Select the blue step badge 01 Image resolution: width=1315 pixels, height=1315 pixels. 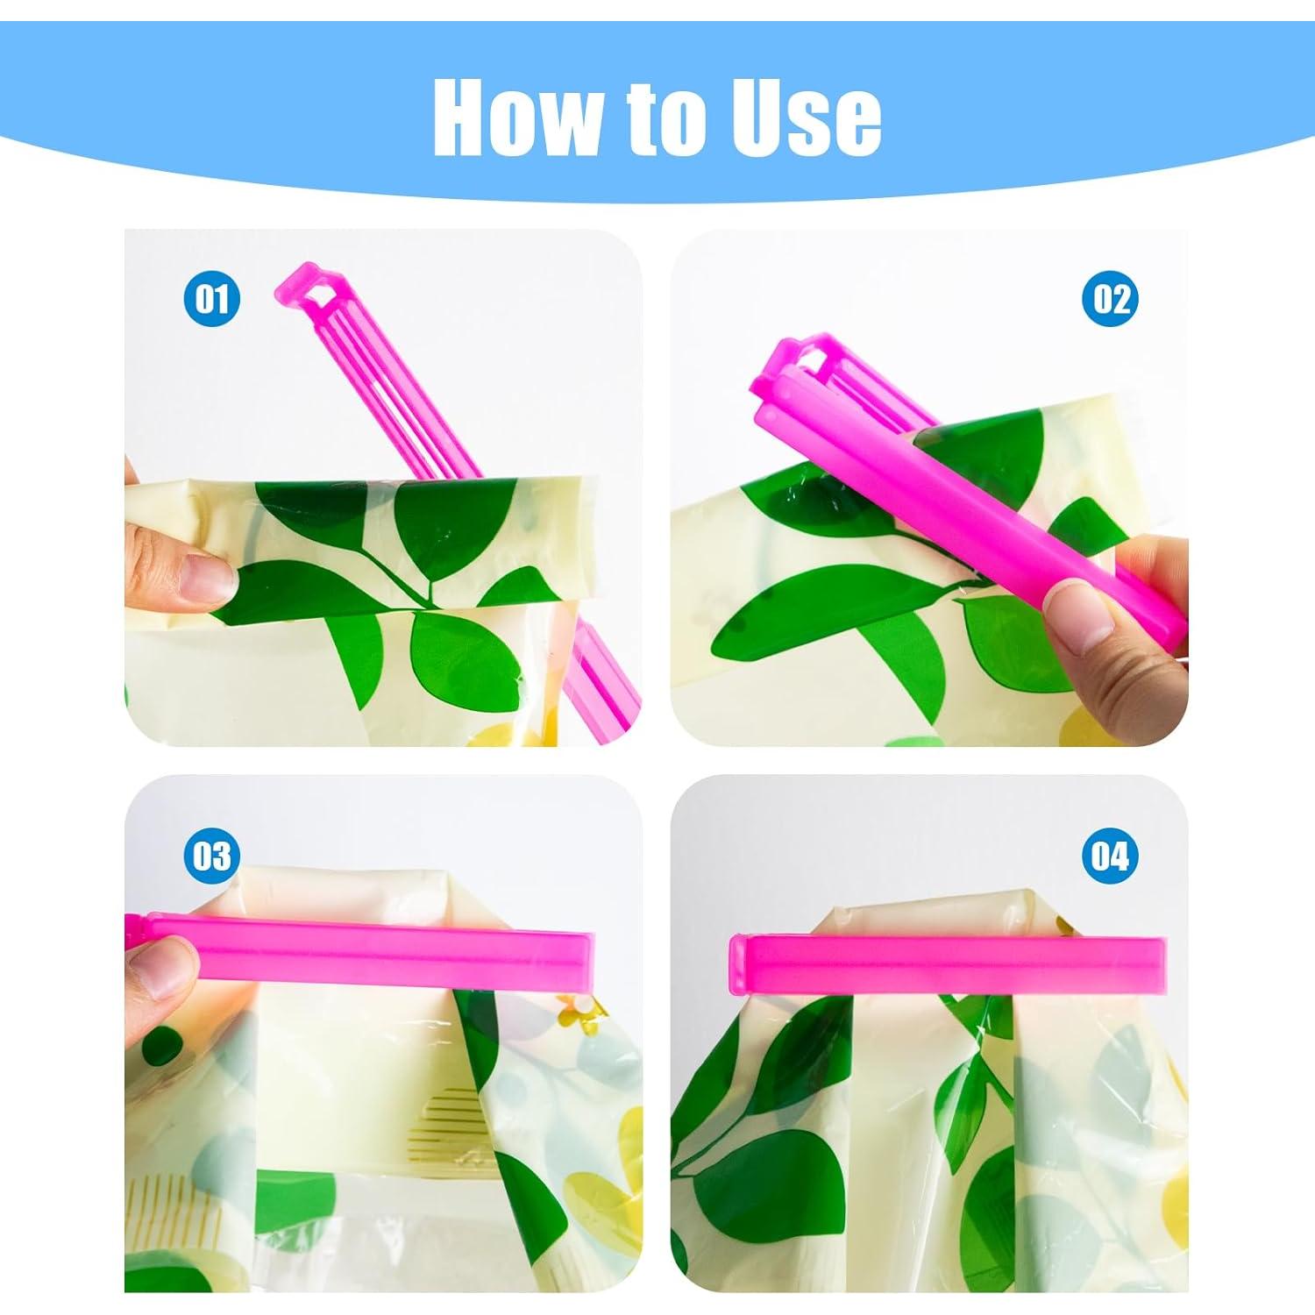(212, 299)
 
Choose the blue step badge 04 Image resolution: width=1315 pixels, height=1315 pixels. (1110, 855)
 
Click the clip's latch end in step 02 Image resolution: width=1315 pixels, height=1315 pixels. (802, 359)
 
